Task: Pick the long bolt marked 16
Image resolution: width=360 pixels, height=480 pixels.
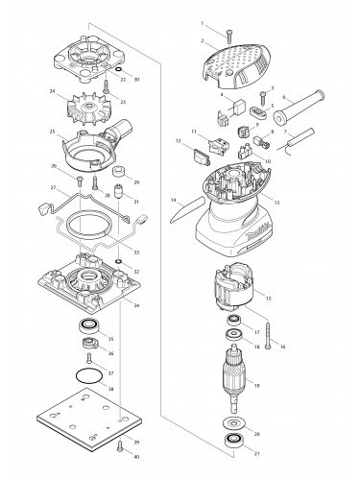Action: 272,334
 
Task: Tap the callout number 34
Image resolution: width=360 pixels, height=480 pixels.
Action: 135,306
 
